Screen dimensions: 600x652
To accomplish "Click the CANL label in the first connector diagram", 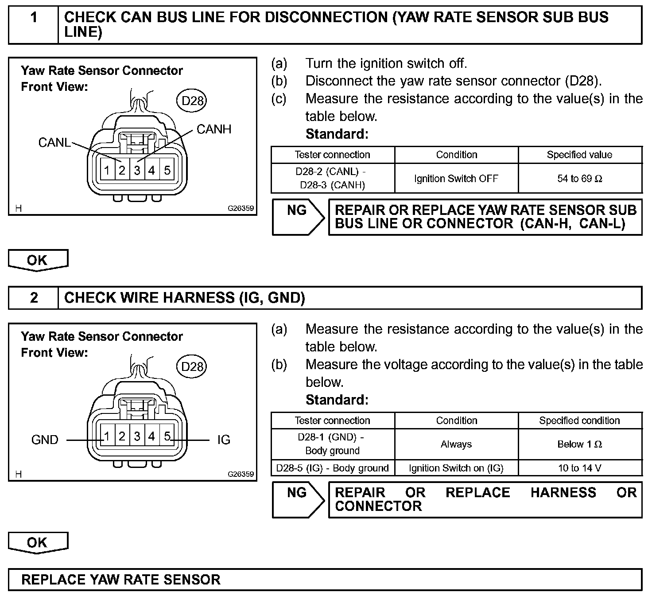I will click(x=54, y=142).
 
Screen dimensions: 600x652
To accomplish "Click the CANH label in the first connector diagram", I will click(x=214, y=129).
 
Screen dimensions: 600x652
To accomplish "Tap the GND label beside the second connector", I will click(x=45, y=440).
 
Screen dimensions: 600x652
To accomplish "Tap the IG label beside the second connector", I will click(x=224, y=440).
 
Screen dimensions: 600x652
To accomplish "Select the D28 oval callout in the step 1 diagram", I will click(x=192, y=101).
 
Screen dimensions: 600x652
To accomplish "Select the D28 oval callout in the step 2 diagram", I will click(x=192, y=366).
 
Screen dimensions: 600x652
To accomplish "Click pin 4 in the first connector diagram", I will click(x=152, y=170).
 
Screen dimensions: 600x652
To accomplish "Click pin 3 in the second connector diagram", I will click(x=137, y=436).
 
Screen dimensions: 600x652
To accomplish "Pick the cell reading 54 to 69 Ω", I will click(x=580, y=179).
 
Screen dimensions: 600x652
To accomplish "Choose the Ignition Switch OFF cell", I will click(x=456, y=179).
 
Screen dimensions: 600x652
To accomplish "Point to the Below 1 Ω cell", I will click(x=580, y=444).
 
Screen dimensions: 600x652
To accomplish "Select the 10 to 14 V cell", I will click(x=580, y=468).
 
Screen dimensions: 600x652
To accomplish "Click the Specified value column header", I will click(x=580, y=155).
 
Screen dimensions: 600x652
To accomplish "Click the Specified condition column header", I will click(x=580, y=421).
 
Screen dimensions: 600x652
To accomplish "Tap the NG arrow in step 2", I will click(x=297, y=499).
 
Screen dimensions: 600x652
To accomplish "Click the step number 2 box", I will click(x=34, y=297).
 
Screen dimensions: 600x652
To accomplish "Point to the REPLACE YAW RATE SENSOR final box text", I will click(x=121, y=580).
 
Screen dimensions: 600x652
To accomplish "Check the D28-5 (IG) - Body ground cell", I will click(x=332, y=468).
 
